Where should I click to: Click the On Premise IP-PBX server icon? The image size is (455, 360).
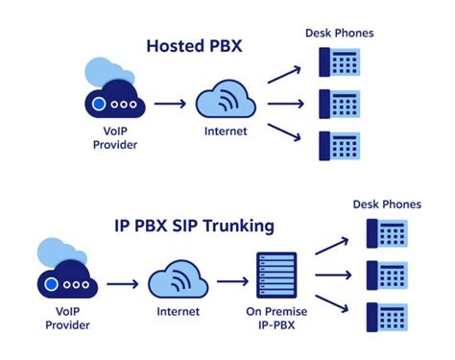pyautogui.click(x=274, y=280)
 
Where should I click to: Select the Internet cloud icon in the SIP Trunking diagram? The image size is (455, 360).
pyautogui.click(x=179, y=280)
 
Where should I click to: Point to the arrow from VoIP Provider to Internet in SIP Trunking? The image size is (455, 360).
pyautogui.click(x=122, y=284)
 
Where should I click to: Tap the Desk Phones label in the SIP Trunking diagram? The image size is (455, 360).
pyautogui.click(x=386, y=204)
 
